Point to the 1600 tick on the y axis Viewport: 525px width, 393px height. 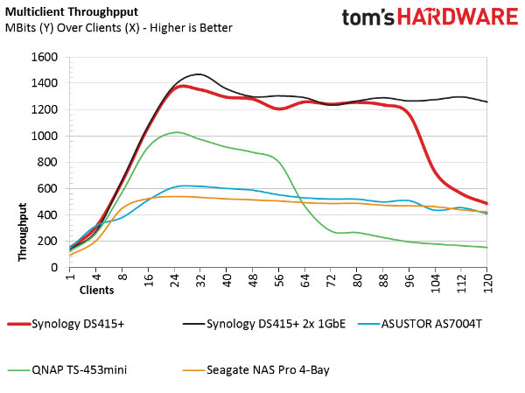tap(45, 57)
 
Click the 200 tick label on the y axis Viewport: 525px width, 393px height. tap(48, 241)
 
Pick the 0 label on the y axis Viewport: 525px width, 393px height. tap(54, 267)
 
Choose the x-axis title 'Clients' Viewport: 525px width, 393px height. tap(97, 289)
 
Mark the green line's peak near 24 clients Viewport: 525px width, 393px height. tap(177, 132)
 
